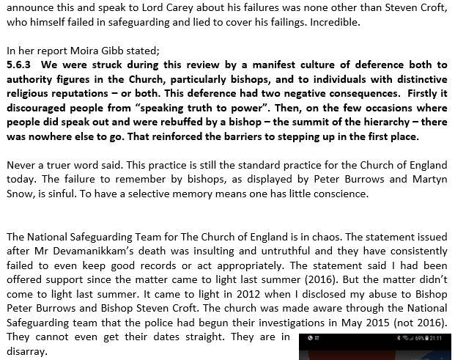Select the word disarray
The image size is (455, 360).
26,351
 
